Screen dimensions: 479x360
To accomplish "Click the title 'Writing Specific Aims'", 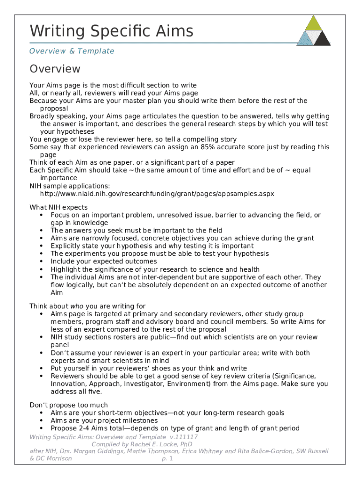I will (111, 31).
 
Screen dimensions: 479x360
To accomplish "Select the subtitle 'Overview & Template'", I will (72, 51).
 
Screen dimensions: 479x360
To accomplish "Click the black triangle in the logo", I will (322, 38).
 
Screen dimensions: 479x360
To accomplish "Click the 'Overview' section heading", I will (55, 69).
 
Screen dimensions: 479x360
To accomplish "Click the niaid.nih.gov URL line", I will (157, 193).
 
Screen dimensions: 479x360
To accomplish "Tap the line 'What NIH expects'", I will (58, 207).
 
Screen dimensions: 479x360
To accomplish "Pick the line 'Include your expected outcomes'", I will (104, 261).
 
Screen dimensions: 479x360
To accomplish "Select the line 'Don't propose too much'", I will (69, 405).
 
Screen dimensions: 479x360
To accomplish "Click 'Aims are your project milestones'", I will (104, 421).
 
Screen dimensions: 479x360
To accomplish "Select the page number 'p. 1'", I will (167, 458).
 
